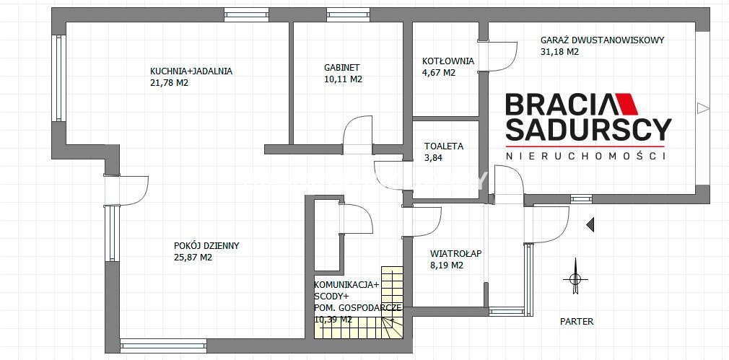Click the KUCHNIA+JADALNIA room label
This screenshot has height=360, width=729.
click(x=191, y=71)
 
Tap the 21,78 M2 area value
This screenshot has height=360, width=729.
click(x=169, y=83)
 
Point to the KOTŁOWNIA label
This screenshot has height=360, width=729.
click(x=448, y=61)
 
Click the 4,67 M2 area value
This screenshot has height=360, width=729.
click(x=438, y=72)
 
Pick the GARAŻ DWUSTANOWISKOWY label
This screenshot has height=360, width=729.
click(x=603, y=40)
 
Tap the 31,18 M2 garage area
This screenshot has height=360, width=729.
click(x=560, y=51)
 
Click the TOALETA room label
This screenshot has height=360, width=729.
click(x=444, y=146)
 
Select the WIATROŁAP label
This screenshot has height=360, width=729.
click(x=455, y=254)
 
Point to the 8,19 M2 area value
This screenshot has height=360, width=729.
click(x=447, y=265)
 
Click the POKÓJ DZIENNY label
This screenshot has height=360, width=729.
click(x=206, y=246)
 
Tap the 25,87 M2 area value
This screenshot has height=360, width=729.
click(x=193, y=258)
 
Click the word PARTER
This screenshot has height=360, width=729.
click(x=577, y=322)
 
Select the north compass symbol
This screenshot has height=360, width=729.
click(x=575, y=277)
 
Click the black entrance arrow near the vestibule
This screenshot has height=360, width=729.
click(x=590, y=225)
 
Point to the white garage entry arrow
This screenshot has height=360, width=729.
click(x=703, y=109)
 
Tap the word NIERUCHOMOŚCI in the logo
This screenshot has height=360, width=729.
click(x=586, y=156)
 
